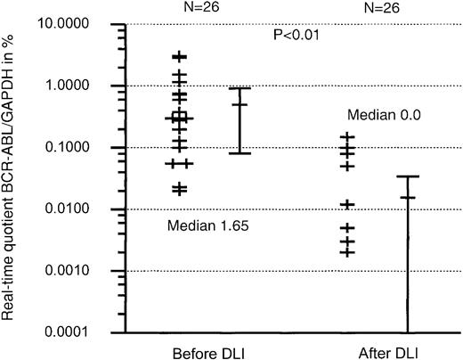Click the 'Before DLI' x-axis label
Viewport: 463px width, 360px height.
tap(205, 349)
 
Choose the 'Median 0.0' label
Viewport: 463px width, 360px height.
tap(384, 115)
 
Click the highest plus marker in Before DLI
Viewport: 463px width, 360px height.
tap(179, 56)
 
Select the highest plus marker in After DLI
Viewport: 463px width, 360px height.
tap(347, 137)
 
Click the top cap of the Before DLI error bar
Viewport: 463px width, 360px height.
tap(240, 88)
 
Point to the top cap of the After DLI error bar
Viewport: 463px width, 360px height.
tap(407, 176)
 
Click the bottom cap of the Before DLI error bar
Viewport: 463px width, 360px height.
tap(240, 153)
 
